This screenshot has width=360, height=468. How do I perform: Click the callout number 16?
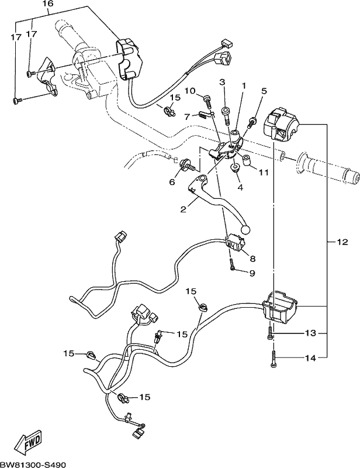(x=48, y=4)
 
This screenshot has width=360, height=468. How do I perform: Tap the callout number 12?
(x=342, y=242)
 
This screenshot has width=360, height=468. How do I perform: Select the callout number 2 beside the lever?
(x=184, y=209)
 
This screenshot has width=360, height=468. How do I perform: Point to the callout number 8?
(x=252, y=259)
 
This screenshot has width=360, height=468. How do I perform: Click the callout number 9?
(x=252, y=273)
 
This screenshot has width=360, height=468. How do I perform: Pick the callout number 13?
(x=310, y=333)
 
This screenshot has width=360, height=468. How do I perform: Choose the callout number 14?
(x=310, y=357)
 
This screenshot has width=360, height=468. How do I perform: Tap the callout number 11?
(x=264, y=172)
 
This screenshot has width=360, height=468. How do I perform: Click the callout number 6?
(x=172, y=182)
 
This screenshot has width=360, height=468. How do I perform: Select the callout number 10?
(x=190, y=91)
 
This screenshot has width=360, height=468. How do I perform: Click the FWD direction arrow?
(x=29, y=446)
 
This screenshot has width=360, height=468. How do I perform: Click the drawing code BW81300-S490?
(x=33, y=464)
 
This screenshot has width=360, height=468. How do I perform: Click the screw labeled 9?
(x=232, y=264)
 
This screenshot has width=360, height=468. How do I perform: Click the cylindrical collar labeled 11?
(x=247, y=160)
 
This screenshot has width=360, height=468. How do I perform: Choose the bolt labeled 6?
(x=186, y=165)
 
